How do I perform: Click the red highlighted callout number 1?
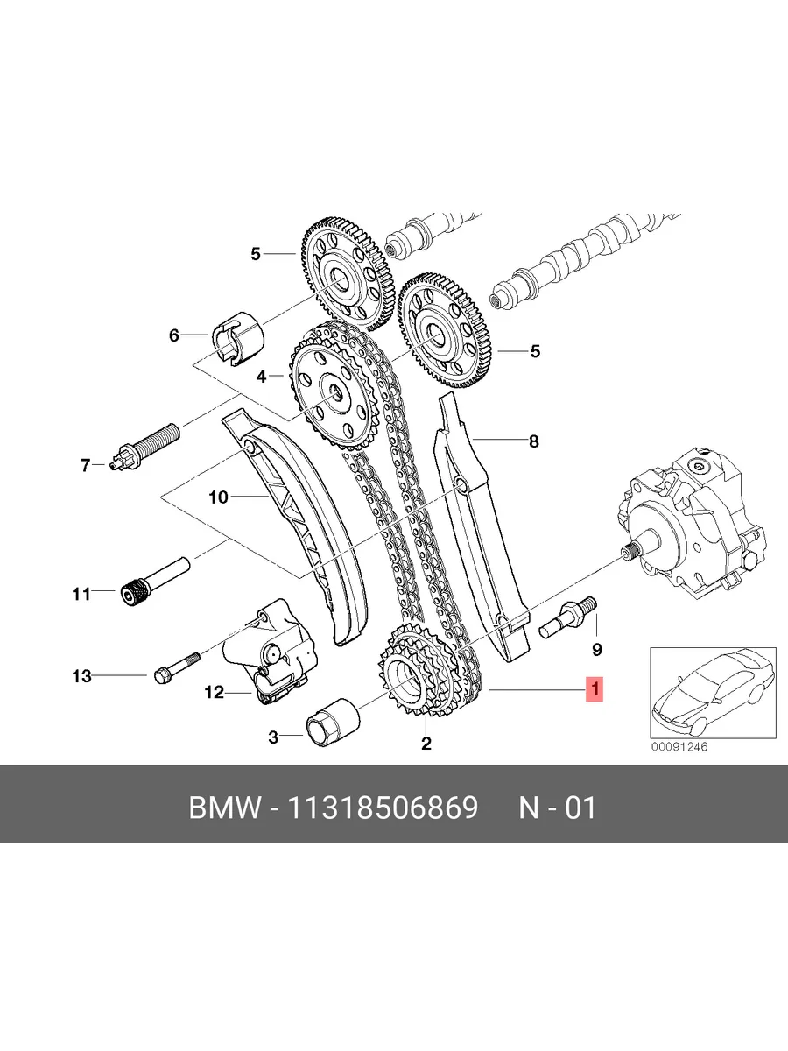coord(595,689)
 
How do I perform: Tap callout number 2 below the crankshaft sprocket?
coord(426,743)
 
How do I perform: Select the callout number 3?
coord(272,737)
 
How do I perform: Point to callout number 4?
coord(261,377)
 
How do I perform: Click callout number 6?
coord(173,335)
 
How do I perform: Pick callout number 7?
coord(85,465)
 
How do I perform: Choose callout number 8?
coord(534,441)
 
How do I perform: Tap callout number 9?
coord(596,649)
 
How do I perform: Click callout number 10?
coord(219,497)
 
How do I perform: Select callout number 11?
coord(81,594)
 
